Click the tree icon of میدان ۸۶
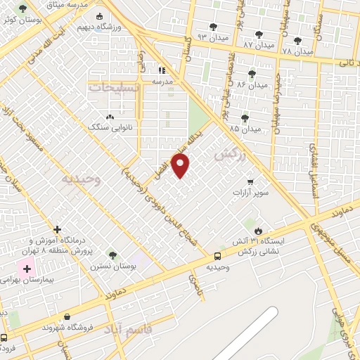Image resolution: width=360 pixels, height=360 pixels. click(252, 72)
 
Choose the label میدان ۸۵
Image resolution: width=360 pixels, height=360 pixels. click(245, 129)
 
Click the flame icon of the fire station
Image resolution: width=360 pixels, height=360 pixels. click(259, 230)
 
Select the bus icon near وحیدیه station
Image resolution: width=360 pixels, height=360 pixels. click(217, 257)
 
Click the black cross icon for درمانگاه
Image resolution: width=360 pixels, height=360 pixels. click(58, 229)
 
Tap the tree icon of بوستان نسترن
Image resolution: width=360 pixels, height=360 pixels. click(112, 255)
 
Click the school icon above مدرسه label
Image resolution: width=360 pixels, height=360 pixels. click(162, 70)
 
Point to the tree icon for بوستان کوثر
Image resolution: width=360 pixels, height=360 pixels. click(24, 9)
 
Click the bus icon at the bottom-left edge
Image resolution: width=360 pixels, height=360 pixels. click(5, 337)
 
